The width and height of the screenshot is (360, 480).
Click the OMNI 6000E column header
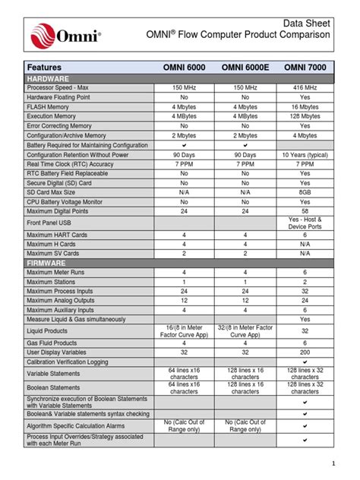click(x=245, y=68)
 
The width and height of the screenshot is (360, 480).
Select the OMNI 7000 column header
click(x=305, y=68)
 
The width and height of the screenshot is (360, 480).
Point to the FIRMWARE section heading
click(x=48, y=262)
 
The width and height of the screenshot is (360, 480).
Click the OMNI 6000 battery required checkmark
click(x=185, y=144)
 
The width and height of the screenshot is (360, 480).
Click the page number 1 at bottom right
click(x=333, y=463)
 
